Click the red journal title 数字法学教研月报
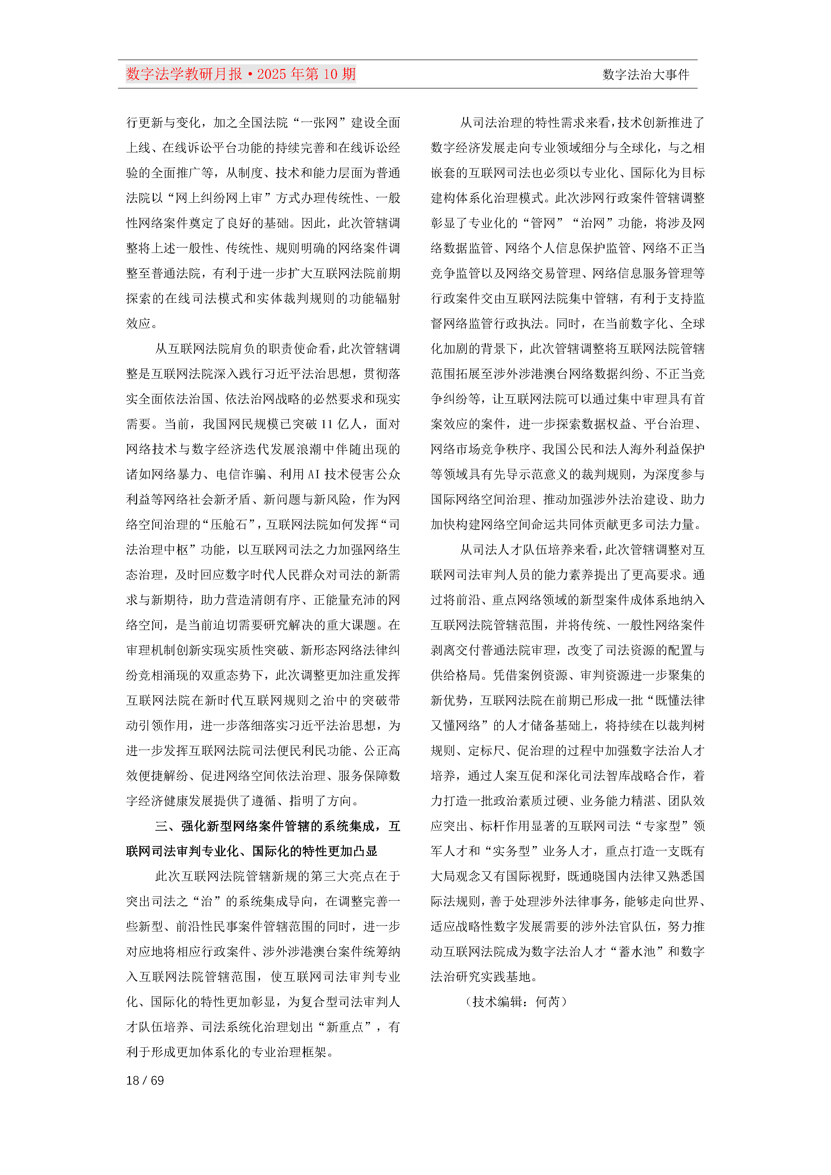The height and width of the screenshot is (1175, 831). click(x=184, y=74)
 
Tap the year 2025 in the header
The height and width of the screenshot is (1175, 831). click(x=272, y=74)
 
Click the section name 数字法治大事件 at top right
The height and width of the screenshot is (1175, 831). click(x=646, y=75)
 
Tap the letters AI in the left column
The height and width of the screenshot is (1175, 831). click(x=313, y=474)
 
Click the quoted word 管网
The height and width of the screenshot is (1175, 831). click(x=543, y=223)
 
